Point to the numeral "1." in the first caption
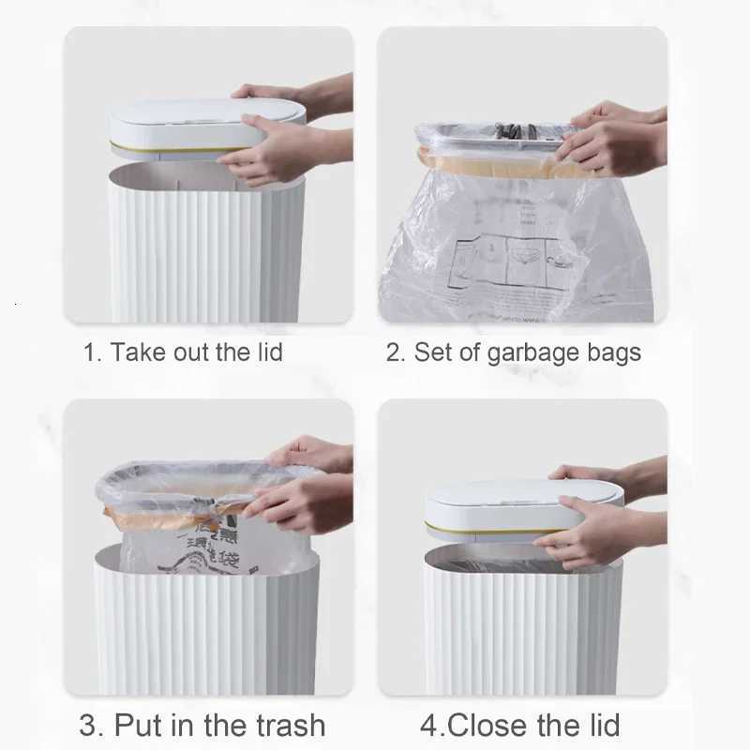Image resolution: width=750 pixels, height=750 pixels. click(92, 352)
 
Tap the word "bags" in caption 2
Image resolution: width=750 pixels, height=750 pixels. click(613, 352)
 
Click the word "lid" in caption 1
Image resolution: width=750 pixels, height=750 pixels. click(264, 352)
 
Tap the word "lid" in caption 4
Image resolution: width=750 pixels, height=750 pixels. click(600, 725)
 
